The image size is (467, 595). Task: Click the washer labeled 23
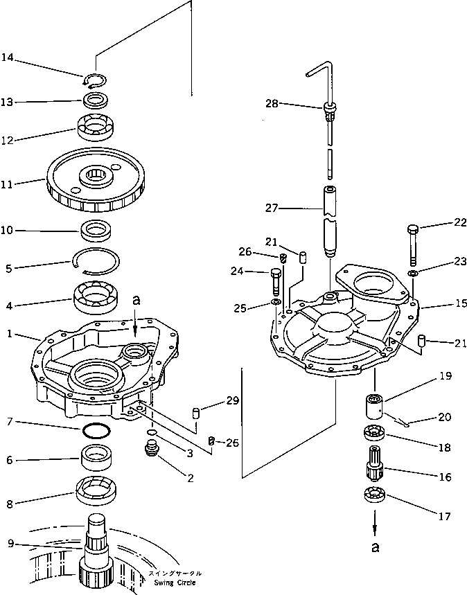[x=413, y=274]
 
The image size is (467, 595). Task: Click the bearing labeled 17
[x=374, y=497]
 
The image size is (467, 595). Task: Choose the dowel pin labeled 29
[x=195, y=414]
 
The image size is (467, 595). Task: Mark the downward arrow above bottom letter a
[x=374, y=524]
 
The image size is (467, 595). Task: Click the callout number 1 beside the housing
[x=10, y=333]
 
